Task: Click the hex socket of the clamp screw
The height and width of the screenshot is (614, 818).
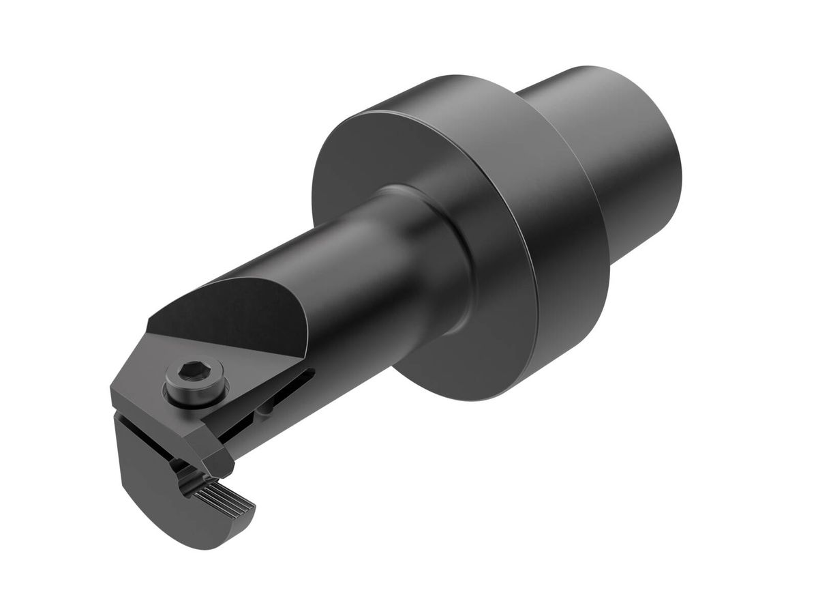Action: (x=187, y=372)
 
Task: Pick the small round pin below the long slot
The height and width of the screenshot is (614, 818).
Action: (x=267, y=409)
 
